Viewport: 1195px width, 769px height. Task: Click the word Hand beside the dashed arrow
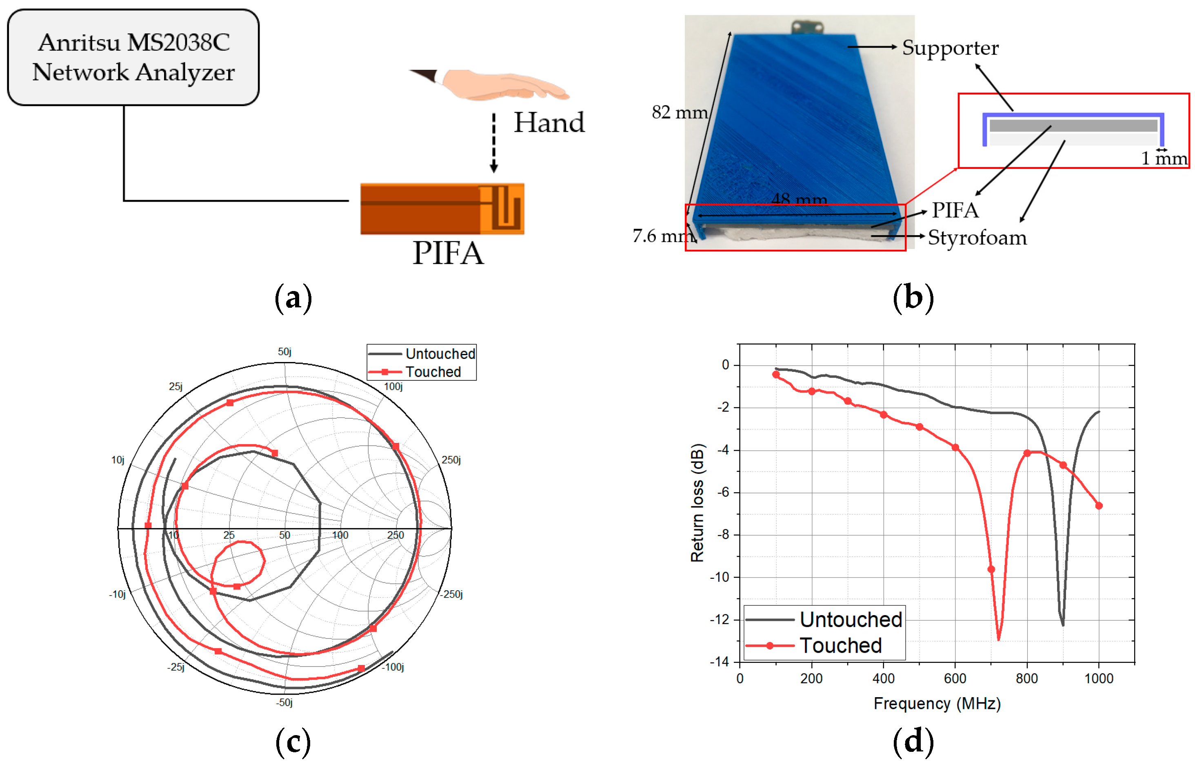pos(549,122)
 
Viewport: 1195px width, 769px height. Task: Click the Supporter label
pos(949,47)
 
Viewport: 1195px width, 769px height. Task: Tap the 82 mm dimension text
pos(679,112)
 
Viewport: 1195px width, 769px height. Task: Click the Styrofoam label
pos(977,237)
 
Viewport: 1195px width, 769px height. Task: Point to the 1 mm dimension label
pos(1163,158)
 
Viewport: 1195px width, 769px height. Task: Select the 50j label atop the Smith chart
pos(284,351)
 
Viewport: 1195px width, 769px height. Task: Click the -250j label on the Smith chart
pos(452,594)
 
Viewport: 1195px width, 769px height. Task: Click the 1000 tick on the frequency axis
pos(1098,678)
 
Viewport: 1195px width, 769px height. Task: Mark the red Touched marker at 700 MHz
pos(991,569)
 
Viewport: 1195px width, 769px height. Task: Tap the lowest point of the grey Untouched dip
pos(1062,625)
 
